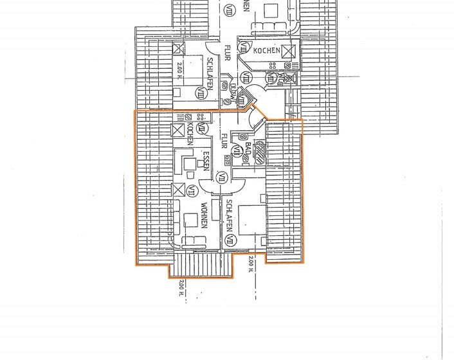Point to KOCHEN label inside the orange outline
point(190,133)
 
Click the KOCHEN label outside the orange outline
point(266,50)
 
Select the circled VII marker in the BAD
point(237,152)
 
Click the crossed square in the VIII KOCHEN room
point(290,50)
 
